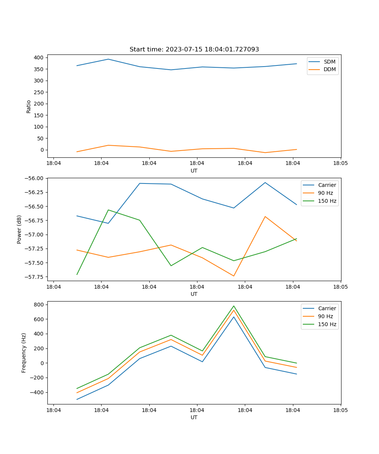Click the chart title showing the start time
194,50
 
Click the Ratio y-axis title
29,106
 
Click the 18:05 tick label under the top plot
340,163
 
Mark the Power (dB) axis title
19,229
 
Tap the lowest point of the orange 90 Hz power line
233,276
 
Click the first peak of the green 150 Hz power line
108,210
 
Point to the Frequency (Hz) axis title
24,353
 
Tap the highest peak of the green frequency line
233,306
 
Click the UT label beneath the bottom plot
194,417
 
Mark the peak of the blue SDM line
108,59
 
